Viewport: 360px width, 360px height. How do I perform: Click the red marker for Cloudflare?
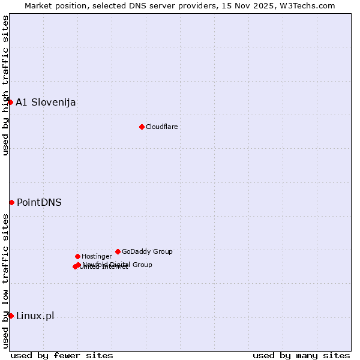(142, 127)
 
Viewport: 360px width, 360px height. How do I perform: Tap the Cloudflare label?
(162, 127)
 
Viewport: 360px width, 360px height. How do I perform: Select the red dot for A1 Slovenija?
(10, 102)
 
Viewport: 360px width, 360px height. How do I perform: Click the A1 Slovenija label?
(46, 102)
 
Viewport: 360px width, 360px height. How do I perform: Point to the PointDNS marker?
(11, 202)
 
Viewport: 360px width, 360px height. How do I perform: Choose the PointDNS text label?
(39, 202)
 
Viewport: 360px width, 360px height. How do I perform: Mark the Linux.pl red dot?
(11, 316)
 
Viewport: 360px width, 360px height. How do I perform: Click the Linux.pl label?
(35, 316)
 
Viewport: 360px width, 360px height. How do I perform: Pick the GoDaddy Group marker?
(118, 251)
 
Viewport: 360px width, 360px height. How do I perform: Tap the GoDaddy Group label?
(147, 251)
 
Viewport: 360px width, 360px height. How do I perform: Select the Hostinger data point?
(77, 256)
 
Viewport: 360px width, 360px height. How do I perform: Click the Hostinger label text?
(97, 256)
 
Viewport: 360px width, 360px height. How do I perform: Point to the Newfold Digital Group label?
(118, 264)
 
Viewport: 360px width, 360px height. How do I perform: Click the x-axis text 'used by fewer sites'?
(62, 355)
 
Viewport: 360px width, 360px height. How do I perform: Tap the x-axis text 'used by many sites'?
(301, 355)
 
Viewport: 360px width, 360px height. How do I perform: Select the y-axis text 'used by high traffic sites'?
(5, 85)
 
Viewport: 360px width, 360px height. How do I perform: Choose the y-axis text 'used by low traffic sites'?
(5, 280)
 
